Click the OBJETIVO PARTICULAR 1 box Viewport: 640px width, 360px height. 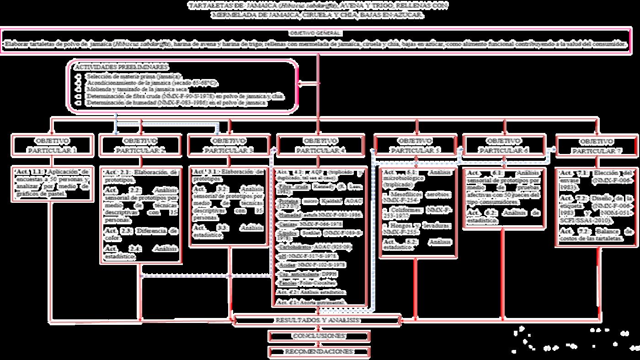pyautogui.click(x=52, y=145)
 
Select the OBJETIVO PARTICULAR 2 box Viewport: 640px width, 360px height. pyautogui.click(x=140, y=145)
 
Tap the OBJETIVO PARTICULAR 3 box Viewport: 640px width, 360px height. pyautogui.click(x=229, y=145)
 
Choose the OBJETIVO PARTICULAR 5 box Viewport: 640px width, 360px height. pyautogui.click(x=415, y=145)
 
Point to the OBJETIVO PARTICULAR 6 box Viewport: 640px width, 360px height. pyautogui.click(x=504, y=145)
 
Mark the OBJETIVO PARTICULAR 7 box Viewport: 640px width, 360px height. pyautogui.click(x=597, y=146)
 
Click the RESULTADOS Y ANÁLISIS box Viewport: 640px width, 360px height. pyautogui.click(x=318, y=320)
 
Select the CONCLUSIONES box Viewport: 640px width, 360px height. pyautogui.click(x=319, y=336)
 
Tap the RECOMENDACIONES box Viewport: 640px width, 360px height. pyautogui.click(x=319, y=352)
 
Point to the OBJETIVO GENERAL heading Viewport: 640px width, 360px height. pyautogui.click(x=315, y=33)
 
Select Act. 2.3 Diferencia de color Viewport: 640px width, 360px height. pyautogui.click(x=140, y=234)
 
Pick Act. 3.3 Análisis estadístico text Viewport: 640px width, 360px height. pyautogui.click(x=229, y=231)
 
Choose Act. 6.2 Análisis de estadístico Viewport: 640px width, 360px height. pyautogui.click(x=504, y=216)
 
